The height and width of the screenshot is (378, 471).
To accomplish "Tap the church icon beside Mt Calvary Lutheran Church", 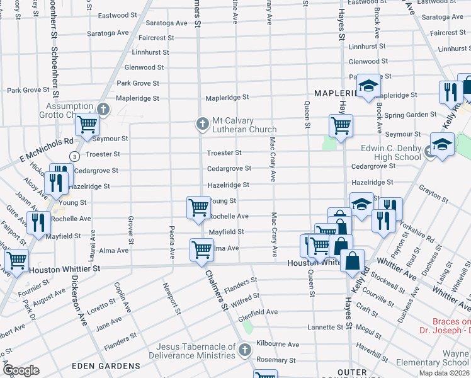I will tap(203, 123).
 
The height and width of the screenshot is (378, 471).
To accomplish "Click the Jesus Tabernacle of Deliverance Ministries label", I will tap(190, 351).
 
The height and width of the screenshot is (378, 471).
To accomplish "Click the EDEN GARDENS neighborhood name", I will tap(106, 366).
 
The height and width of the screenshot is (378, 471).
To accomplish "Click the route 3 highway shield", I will tap(74, 156).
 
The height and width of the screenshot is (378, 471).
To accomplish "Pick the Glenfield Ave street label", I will tap(258, 312).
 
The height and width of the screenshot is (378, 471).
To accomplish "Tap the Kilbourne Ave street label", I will tap(277, 345).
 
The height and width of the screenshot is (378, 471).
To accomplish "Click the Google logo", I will tap(21, 370).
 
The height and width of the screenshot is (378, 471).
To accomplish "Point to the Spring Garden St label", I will tap(411, 115).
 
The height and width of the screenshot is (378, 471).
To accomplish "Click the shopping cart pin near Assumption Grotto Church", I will tap(87, 123).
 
